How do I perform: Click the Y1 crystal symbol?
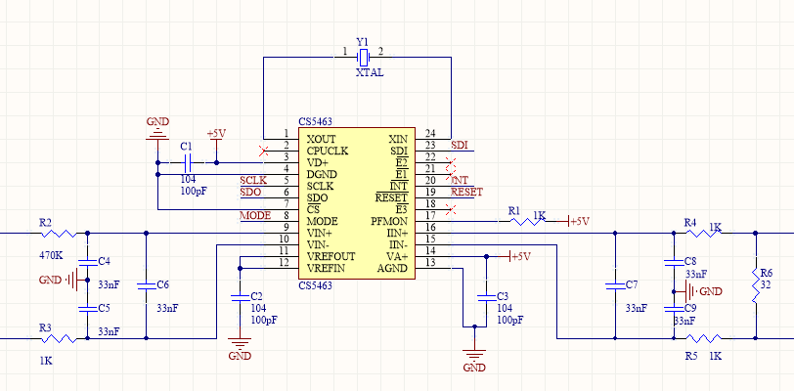363,57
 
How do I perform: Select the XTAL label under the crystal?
370,73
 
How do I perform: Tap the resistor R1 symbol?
527,220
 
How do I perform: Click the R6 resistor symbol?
755,285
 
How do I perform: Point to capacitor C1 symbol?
188,162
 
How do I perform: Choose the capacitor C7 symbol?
615,286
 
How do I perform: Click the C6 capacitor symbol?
146,286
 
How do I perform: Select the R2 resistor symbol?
59,233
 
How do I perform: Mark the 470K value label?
51,256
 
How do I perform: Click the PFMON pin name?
389,222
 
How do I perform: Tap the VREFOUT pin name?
331,256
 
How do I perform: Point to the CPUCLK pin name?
328,151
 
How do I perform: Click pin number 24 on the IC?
430,134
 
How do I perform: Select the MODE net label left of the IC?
255,216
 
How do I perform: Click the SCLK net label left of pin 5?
253,181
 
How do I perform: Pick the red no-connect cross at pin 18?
451,208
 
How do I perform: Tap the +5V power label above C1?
216,134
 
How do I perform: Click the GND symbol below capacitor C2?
240,343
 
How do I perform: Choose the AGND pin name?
393,269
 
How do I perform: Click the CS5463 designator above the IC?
316,122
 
